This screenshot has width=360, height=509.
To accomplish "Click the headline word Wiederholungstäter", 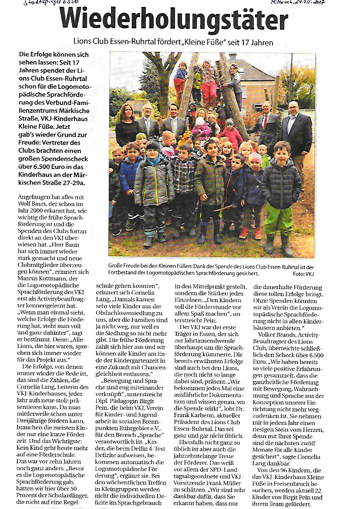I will [x=173, y=20].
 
